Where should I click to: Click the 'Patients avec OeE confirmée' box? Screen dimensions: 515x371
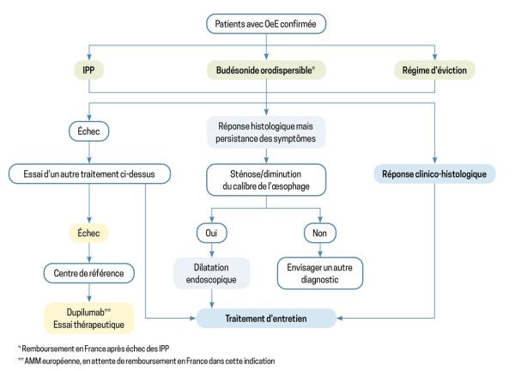[266, 24]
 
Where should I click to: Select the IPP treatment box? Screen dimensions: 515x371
[88, 70]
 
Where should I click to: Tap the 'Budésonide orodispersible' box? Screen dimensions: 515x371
[266, 70]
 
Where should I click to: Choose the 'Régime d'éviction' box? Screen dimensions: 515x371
[434, 70]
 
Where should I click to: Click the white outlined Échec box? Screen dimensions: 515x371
[88, 131]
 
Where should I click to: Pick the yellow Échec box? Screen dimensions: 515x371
[88, 233]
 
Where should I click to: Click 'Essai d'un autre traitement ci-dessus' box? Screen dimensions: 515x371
[89, 173]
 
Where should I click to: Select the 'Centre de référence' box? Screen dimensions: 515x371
[88, 273]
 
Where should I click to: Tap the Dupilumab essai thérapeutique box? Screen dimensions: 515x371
[89, 318]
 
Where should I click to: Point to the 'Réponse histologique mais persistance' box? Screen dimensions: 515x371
[266, 132]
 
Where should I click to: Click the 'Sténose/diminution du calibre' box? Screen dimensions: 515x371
[266, 180]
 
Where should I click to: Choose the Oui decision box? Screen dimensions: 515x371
[211, 233]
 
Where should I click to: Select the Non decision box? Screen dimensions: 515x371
[320, 233]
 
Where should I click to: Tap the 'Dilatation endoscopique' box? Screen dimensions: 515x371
[211, 273]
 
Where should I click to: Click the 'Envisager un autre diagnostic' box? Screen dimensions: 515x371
[320, 273]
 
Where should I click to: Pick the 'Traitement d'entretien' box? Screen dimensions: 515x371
[266, 318]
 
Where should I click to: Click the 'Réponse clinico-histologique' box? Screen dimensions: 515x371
[434, 173]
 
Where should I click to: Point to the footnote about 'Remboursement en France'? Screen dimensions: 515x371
[94, 349]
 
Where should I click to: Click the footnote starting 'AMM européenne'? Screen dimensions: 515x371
[147, 361]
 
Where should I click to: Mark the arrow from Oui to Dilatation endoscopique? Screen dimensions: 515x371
[211, 250]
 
